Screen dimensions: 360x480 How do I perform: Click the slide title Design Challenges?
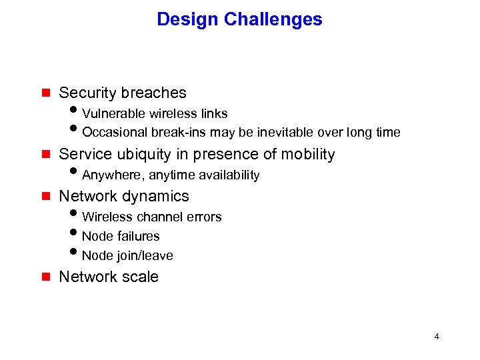click(239, 19)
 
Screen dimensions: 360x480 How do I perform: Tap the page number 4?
click(437, 337)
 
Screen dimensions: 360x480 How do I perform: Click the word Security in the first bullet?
click(87, 93)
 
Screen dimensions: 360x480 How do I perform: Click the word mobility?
click(307, 154)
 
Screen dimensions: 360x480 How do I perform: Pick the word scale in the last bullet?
click(140, 277)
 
